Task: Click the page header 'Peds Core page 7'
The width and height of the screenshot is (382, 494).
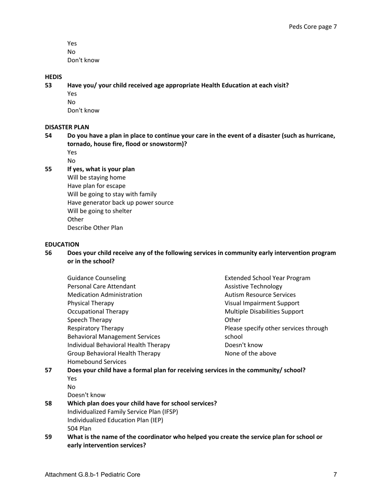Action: [312, 27]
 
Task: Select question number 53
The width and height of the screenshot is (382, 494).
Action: [48, 85]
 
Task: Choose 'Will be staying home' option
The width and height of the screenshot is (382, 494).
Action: [96, 178]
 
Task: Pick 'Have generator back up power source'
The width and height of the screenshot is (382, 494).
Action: [120, 203]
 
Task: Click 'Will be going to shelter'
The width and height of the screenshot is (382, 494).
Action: [99, 211]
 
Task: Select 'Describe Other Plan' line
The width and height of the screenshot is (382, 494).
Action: [95, 228]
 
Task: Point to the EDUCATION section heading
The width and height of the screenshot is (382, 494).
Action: [62, 244]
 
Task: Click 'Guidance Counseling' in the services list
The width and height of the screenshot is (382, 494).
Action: [96, 278]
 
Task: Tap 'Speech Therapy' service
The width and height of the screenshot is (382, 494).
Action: [89, 320]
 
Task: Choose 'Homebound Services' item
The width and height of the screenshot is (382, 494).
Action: [97, 362]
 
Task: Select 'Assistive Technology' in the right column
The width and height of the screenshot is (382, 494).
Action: [253, 286]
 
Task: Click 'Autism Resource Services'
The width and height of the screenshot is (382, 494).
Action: [260, 295]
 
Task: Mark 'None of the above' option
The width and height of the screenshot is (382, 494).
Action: [250, 354]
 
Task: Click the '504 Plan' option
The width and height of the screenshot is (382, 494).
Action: [79, 429]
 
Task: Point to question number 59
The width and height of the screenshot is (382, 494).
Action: [48, 437]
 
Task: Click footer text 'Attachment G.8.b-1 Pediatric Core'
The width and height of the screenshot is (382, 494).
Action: [92, 475]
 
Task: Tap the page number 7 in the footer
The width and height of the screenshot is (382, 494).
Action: [335, 475]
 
